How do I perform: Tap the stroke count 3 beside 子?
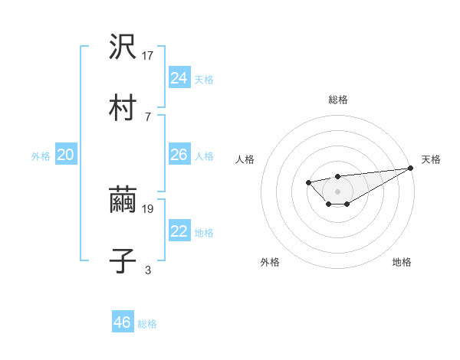[x=148, y=269]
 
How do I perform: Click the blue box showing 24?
[x=179, y=78]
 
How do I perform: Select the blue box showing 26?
[x=179, y=155]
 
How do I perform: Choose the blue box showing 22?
[x=179, y=232]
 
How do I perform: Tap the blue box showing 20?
[x=65, y=155]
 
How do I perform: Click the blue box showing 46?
[x=123, y=322]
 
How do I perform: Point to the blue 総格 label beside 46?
[x=147, y=324]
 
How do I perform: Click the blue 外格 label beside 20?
[x=41, y=156]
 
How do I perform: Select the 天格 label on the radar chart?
[x=431, y=159]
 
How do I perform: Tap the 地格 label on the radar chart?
[x=402, y=262]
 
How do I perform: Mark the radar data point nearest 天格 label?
[x=411, y=168]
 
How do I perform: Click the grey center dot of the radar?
[x=337, y=191]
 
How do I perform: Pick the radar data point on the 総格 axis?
[x=337, y=177]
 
